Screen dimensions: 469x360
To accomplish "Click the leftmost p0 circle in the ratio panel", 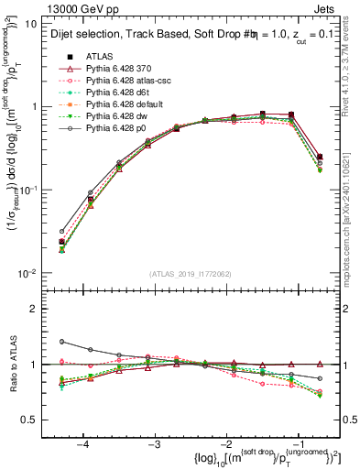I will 61,342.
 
